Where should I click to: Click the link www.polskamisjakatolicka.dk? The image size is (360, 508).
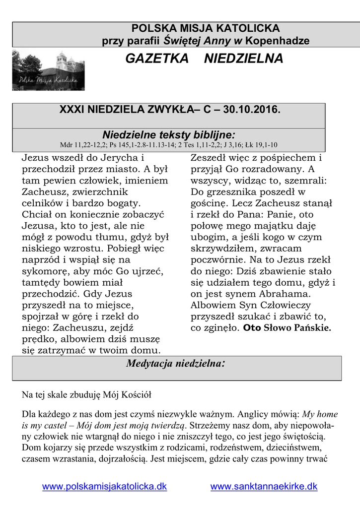(104, 487)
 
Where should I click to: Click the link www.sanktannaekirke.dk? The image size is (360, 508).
(264, 487)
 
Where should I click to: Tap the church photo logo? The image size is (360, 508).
(48, 71)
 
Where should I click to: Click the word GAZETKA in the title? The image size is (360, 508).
(157, 59)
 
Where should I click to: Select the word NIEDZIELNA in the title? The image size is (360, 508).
(244, 59)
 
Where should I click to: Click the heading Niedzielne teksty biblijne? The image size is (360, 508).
(168, 135)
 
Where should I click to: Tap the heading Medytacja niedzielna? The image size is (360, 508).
(176, 364)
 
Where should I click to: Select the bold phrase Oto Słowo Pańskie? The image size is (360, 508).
(287, 328)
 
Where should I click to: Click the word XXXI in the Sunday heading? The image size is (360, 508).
(71, 109)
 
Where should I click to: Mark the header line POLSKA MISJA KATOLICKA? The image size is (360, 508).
(205, 28)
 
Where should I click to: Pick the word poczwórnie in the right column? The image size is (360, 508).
(216, 260)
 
